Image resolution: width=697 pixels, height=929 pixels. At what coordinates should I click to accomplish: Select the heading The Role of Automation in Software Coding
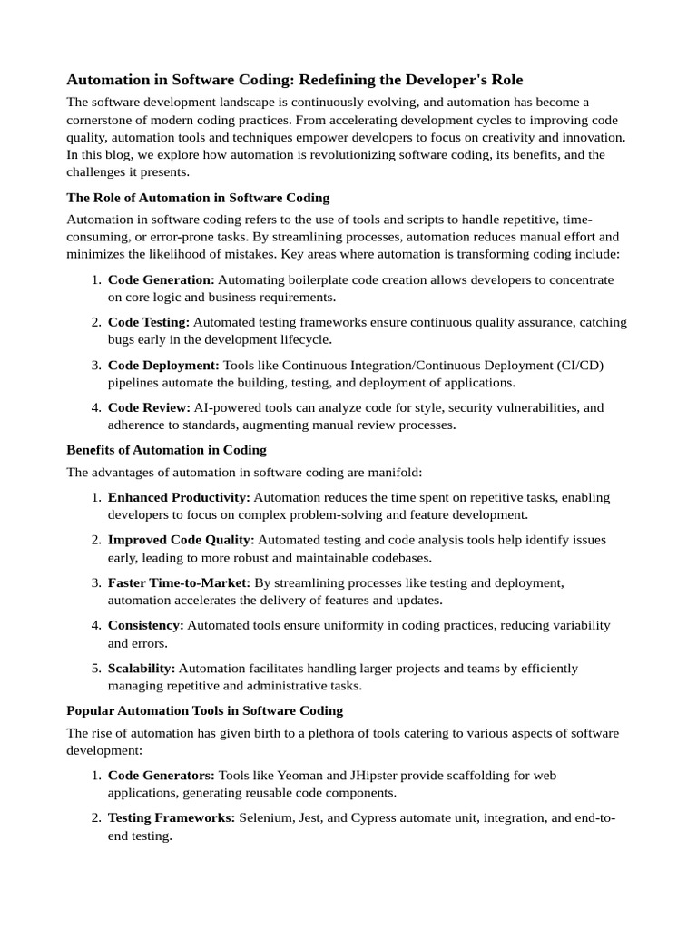coord(198,197)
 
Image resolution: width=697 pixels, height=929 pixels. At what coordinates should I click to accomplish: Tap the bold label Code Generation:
coord(161,279)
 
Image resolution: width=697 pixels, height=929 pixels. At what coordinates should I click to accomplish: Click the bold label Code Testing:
coord(149,322)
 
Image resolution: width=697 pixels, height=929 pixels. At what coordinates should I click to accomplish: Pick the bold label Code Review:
coord(149,407)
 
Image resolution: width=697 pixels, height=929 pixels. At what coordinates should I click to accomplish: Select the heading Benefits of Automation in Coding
coord(166,449)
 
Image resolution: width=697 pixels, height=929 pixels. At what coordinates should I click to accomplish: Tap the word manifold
coord(393,472)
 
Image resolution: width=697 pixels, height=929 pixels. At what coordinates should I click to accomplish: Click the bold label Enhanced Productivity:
coord(179,497)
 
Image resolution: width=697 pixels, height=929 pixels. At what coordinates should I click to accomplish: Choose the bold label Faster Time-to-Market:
coord(179,582)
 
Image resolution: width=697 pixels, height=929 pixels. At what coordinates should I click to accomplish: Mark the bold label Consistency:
coord(145,625)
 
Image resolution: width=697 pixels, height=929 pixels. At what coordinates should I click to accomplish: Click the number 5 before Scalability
coord(95,668)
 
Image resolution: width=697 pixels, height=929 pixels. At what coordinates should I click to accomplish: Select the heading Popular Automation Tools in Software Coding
coord(205,709)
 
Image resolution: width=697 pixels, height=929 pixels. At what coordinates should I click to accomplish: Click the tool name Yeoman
coord(299,775)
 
